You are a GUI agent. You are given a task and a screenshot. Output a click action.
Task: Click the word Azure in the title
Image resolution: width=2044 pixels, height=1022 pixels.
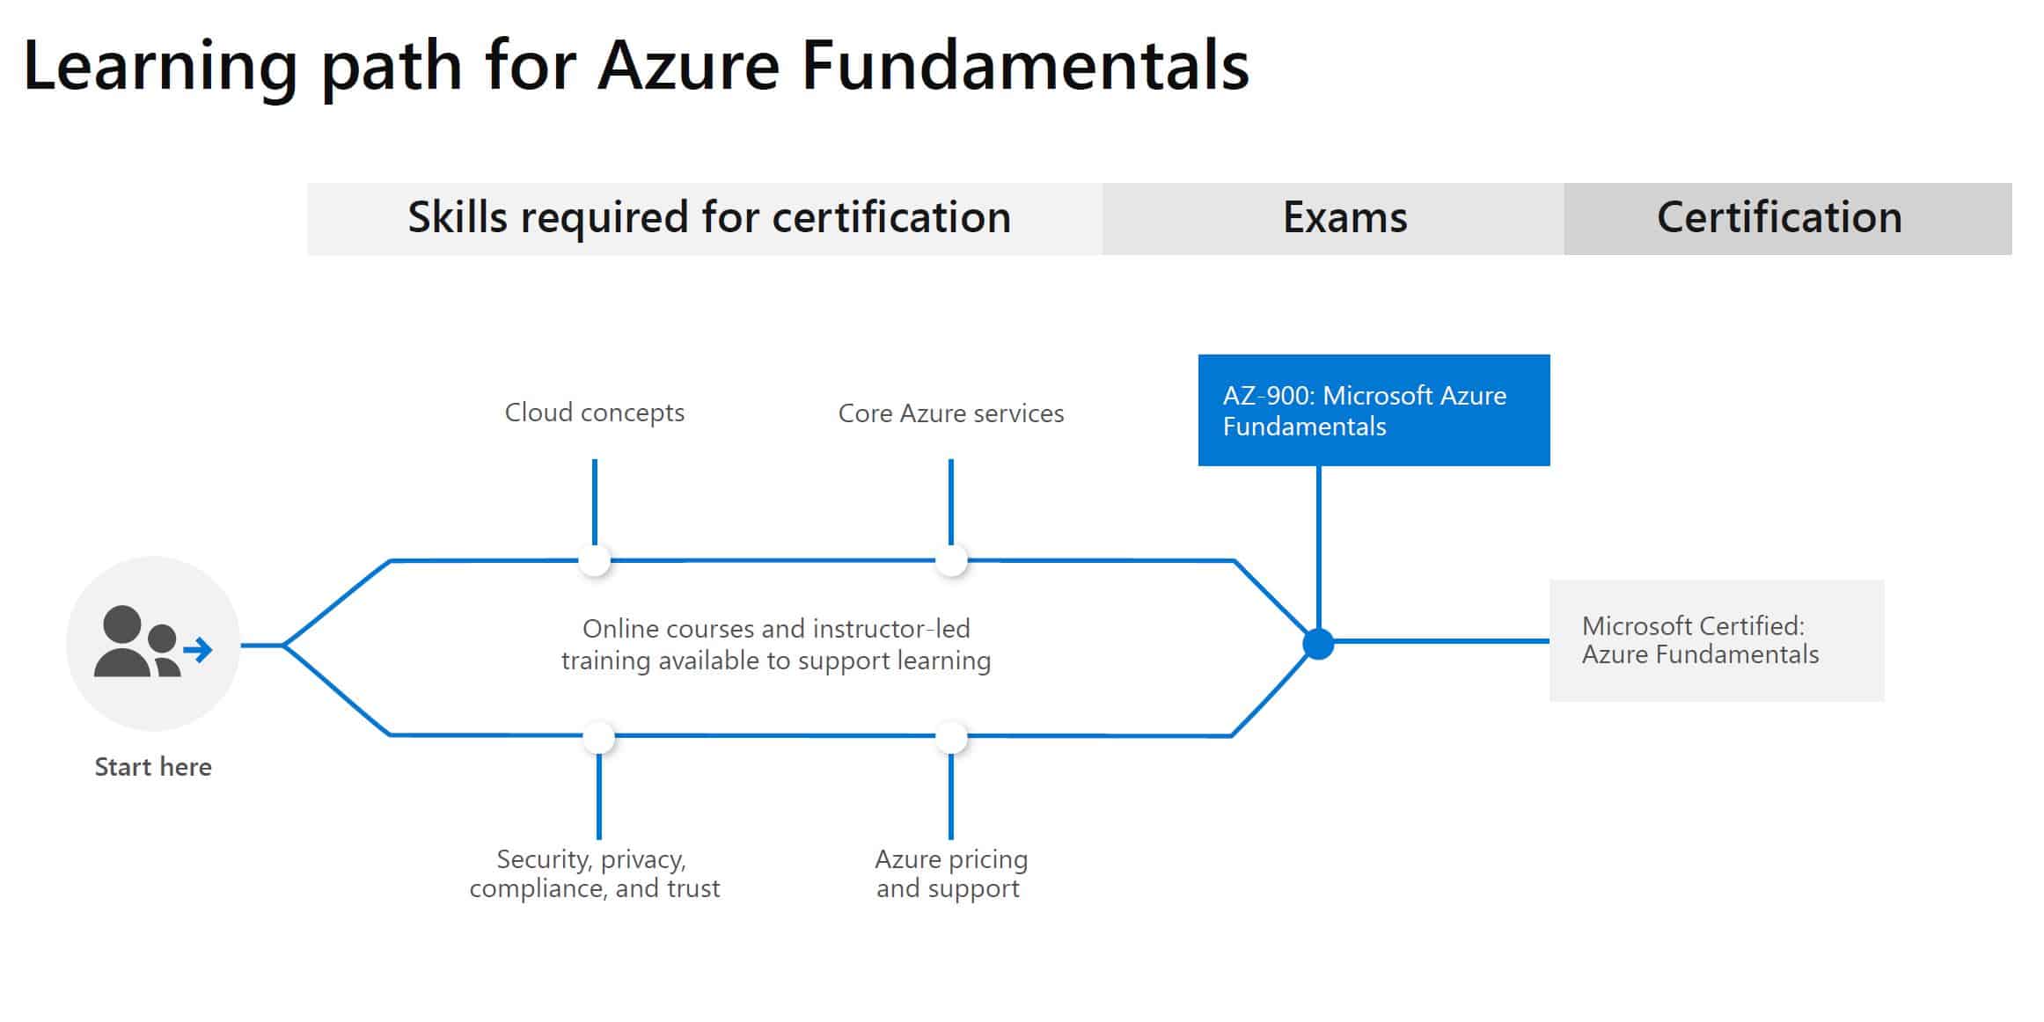click(688, 66)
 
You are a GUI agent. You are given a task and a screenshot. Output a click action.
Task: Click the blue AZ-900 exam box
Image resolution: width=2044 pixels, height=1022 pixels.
click(1374, 410)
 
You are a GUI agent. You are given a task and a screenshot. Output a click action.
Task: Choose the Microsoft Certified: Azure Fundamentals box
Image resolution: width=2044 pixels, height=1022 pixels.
click(1717, 640)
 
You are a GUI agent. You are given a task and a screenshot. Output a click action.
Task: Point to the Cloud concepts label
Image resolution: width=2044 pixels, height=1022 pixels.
click(595, 412)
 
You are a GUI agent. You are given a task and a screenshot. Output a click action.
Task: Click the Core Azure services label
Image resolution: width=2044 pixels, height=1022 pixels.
click(951, 413)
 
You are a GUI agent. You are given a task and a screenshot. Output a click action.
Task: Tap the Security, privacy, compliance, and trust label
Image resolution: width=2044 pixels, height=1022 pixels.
click(595, 873)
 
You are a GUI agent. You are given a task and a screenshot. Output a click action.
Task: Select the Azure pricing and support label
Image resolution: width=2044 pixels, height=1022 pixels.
click(951, 873)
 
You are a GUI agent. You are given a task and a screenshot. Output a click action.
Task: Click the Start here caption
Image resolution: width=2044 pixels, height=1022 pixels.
click(153, 767)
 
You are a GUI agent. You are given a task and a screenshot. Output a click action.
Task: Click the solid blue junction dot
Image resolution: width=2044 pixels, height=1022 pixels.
click(1318, 645)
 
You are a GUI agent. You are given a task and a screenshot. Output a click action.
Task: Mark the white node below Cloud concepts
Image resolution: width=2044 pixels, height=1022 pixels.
click(595, 560)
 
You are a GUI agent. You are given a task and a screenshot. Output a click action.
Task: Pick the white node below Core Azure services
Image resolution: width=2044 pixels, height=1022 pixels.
click(951, 560)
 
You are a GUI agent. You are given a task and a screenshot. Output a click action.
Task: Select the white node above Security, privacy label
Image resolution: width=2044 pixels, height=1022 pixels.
click(598, 737)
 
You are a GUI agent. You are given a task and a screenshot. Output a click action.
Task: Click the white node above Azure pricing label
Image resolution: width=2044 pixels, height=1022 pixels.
click(951, 737)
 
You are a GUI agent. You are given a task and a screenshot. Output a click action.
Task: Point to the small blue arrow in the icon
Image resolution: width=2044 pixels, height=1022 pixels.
click(199, 650)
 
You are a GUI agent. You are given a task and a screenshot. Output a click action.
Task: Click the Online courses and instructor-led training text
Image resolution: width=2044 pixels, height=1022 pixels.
click(776, 645)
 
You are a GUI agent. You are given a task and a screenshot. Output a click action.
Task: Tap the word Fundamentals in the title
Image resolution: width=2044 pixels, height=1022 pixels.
click(1025, 66)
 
